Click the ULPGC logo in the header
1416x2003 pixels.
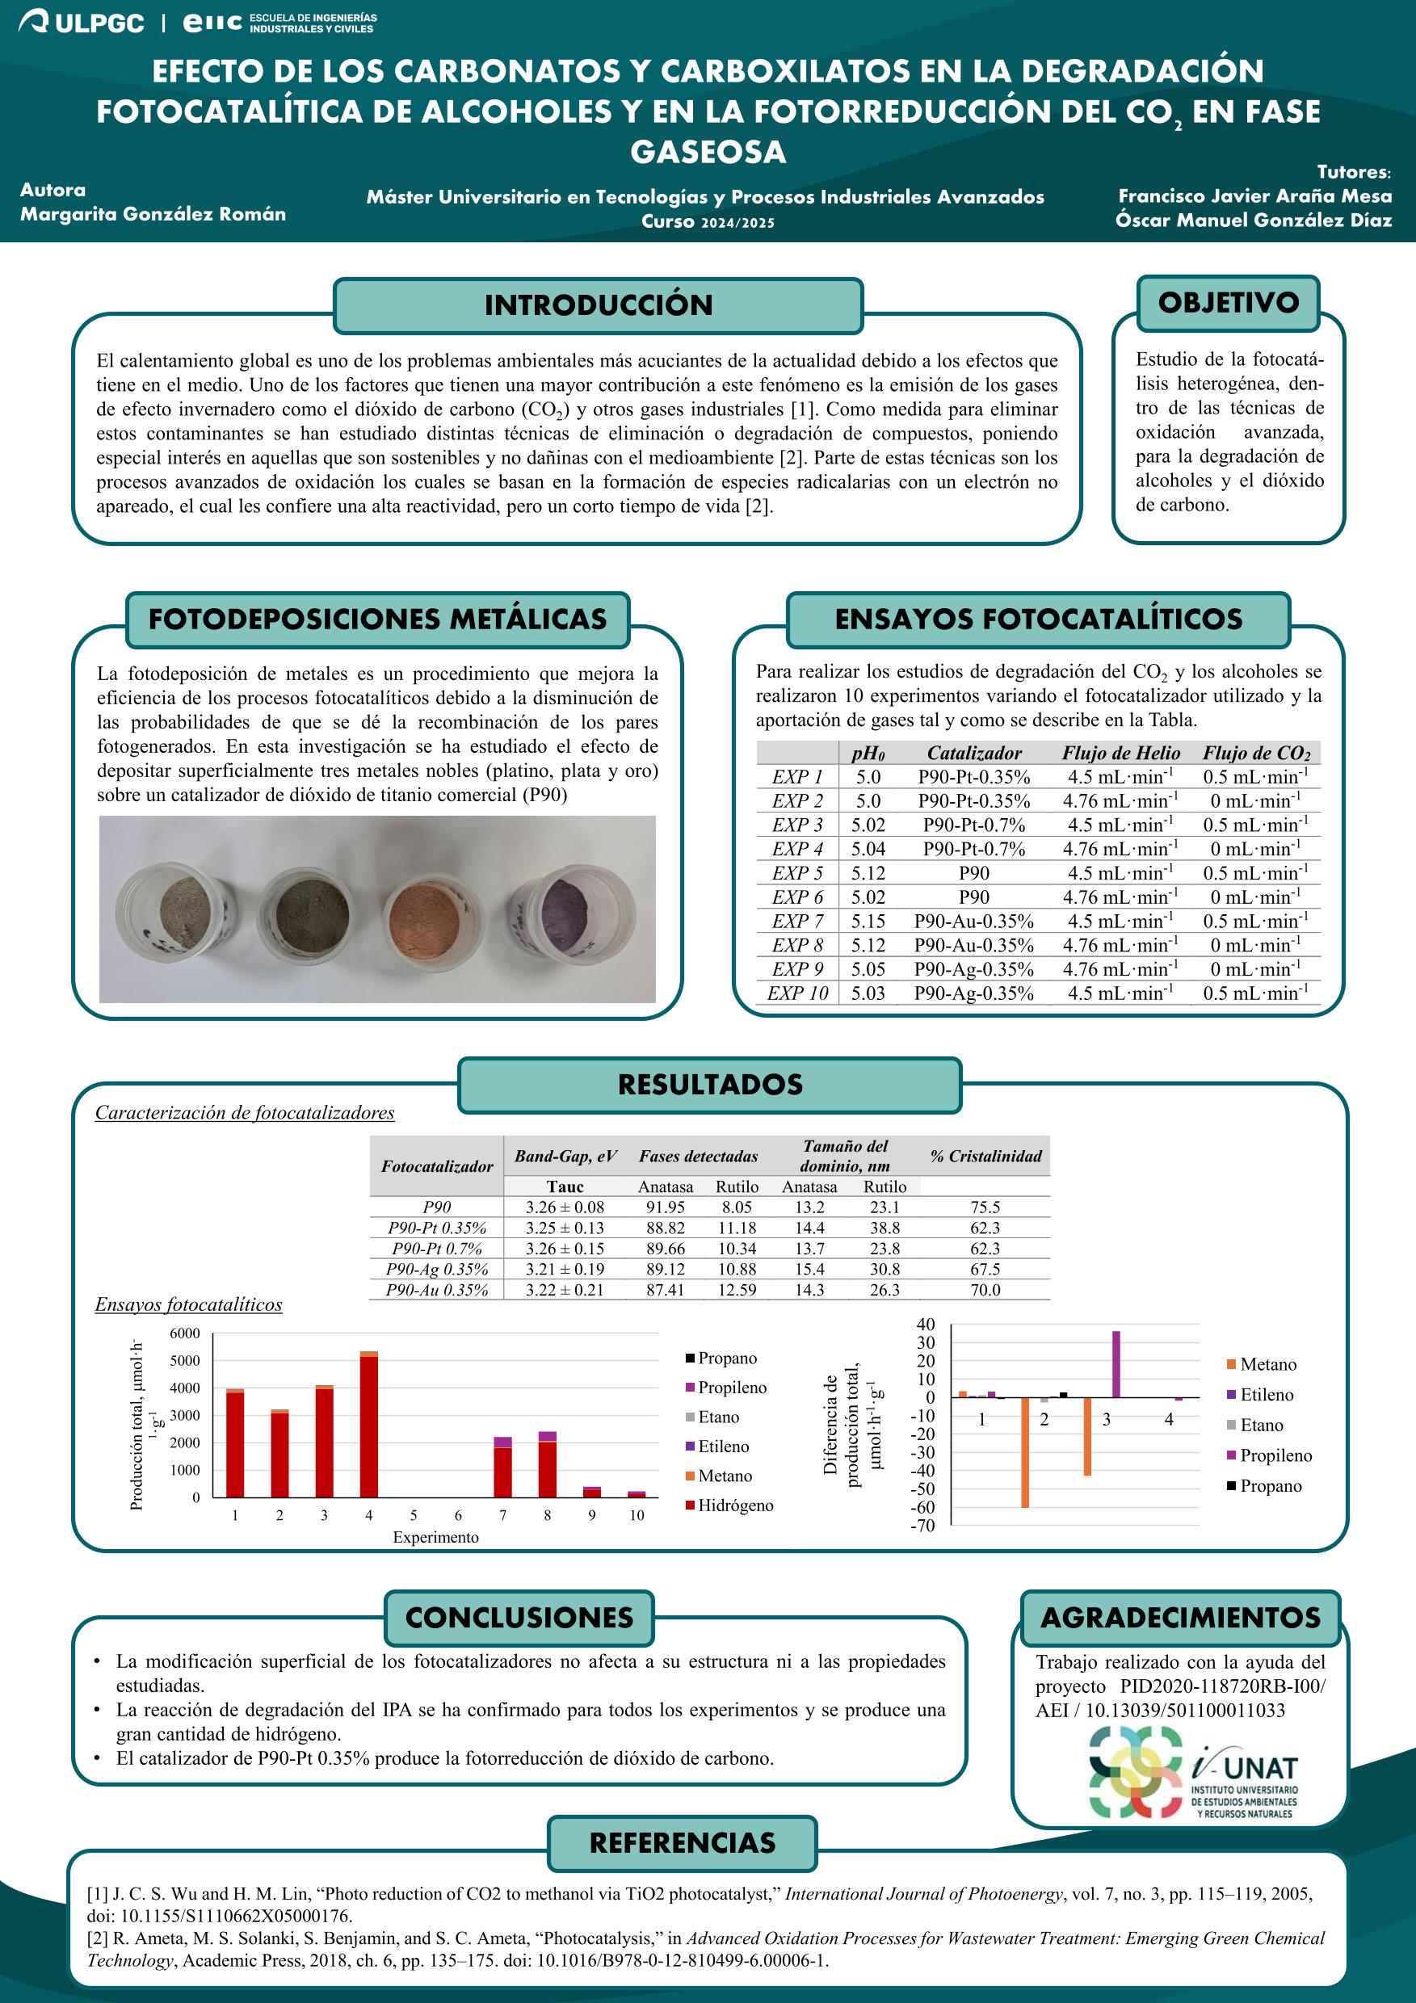pos(81,23)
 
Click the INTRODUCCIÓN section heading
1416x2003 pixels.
pos(599,305)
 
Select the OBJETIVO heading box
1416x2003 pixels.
pos(1229,303)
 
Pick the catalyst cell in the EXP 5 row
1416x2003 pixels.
pos(973,873)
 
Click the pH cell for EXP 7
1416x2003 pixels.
pos(868,922)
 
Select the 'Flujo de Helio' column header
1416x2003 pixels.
pos(1121,753)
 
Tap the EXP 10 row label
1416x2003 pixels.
pos(796,993)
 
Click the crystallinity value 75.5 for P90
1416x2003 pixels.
pos(985,1207)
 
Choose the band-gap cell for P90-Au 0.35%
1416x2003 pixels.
pos(565,1289)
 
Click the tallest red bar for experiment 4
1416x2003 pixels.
pos(369,1426)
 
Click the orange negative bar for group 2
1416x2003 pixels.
pos(1025,1451)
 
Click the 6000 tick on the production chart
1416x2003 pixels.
pos(185,1333)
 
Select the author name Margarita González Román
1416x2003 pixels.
pos(153,214)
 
